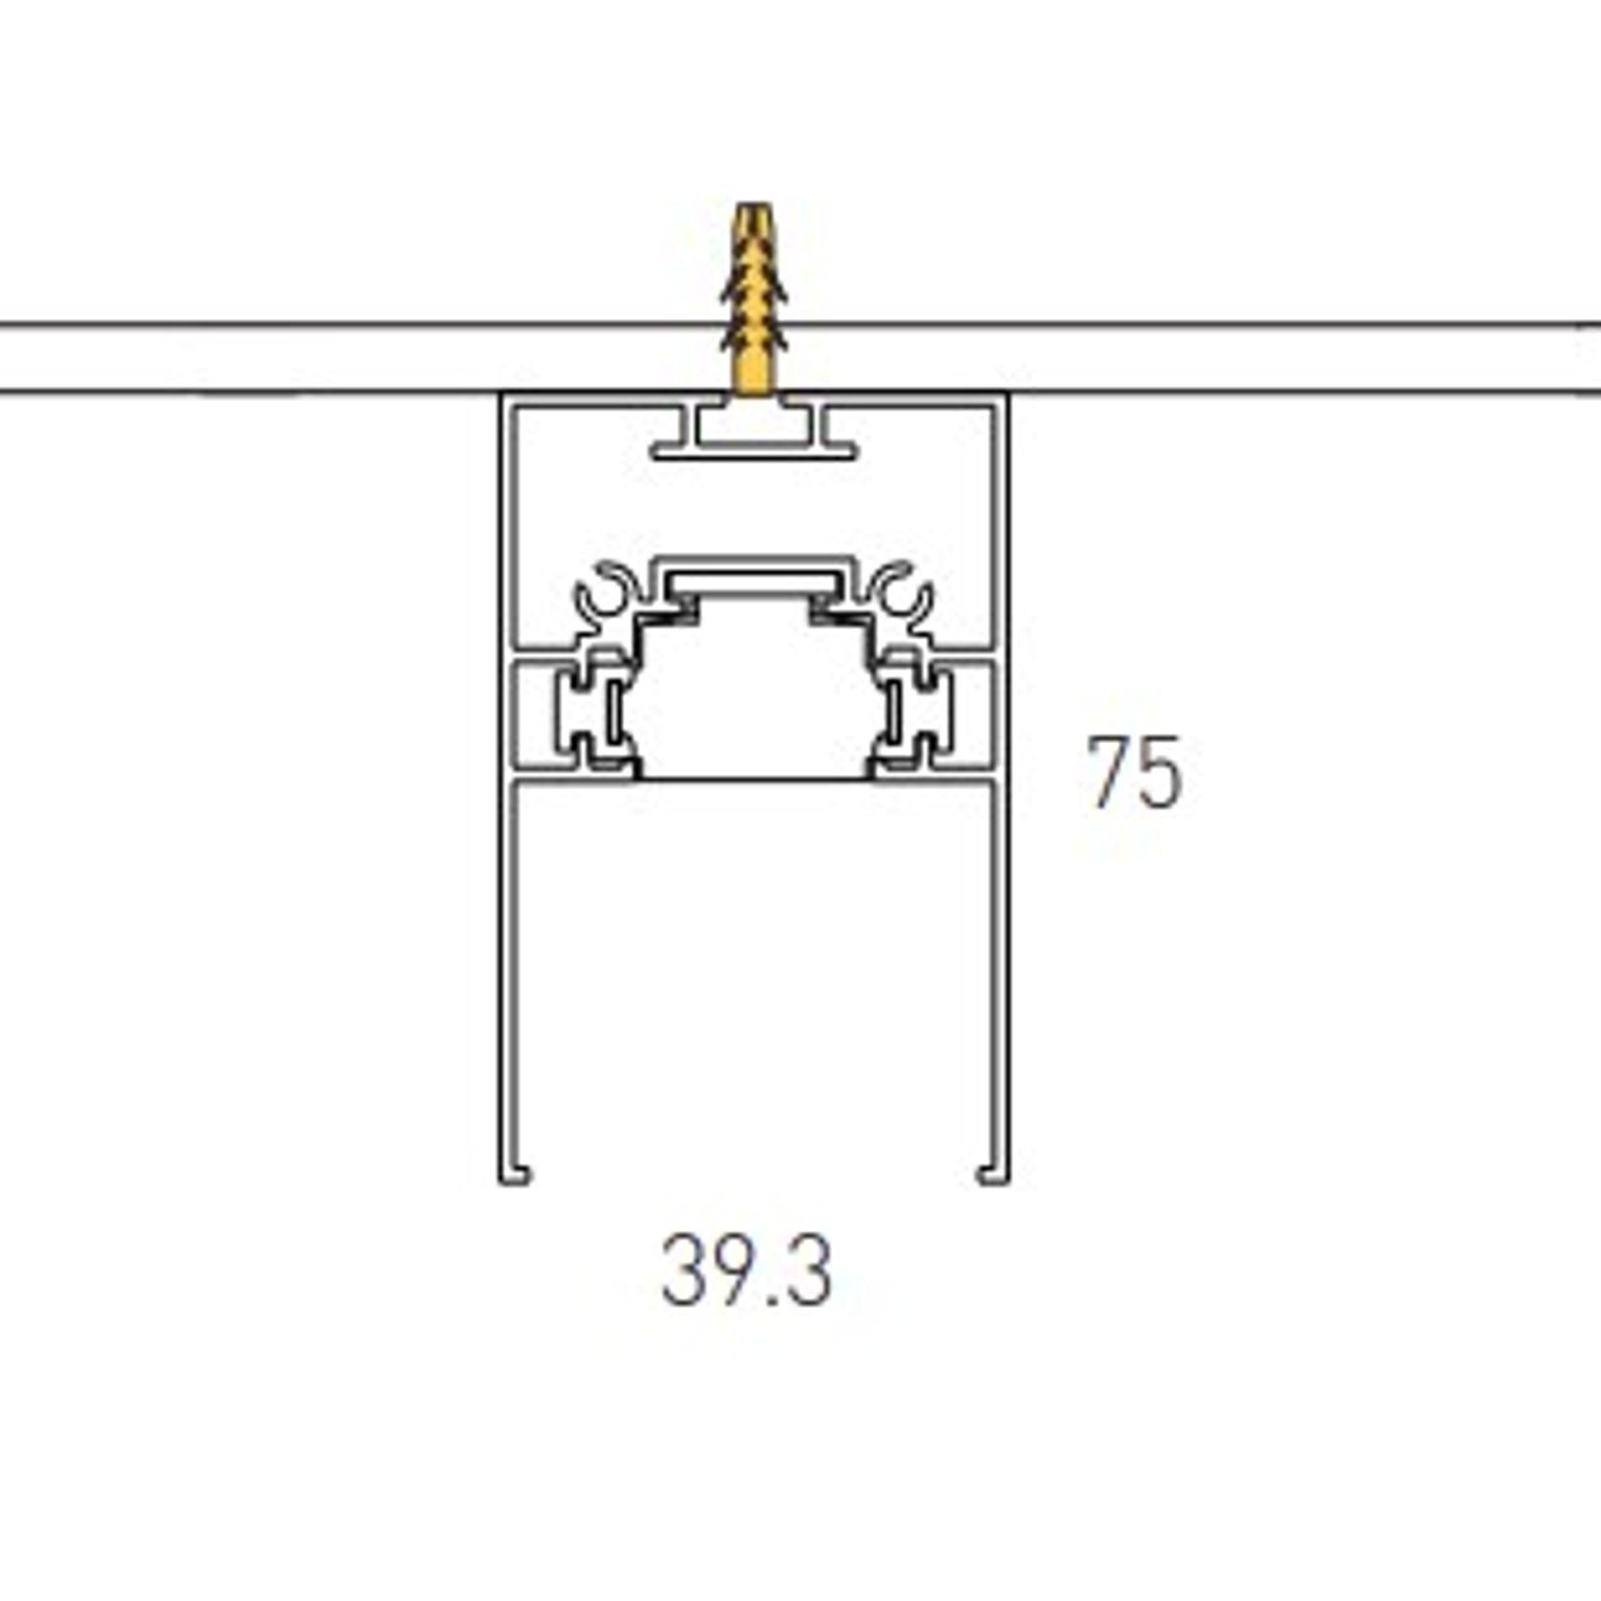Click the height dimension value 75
click(1135, 772)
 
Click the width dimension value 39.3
click(746, 1270)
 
